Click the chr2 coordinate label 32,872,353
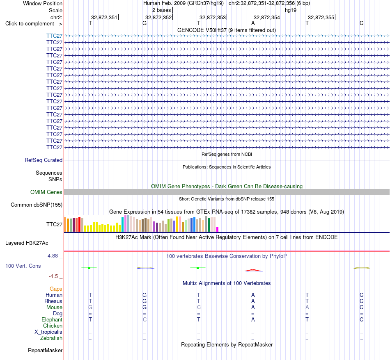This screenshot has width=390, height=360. [213, 17]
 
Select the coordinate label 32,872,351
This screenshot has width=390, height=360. [104, 17]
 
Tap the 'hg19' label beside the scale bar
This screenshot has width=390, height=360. [291, 10]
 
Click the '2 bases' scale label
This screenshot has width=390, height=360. [162, 10]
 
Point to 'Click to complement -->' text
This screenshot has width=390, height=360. [34, 24]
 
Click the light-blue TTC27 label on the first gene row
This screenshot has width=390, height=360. [54, 36]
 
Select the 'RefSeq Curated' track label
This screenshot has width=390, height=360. [44, 160]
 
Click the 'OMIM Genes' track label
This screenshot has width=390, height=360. [46, 192]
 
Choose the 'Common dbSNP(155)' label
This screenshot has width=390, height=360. [37, 205]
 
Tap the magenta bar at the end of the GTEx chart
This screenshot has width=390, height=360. [218, 229]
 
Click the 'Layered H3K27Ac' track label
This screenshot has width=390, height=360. [27, 243]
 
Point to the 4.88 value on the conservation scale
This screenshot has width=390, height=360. [53, 256]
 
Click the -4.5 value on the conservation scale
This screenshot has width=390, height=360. [53, 276]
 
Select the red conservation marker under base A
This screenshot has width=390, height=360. [253, 270]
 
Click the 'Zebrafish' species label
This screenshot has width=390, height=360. [51, 338]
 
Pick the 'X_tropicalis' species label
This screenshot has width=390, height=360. [48, 332]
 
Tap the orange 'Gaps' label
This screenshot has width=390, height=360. [56, 289]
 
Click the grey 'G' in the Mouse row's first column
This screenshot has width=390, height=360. [90, 308]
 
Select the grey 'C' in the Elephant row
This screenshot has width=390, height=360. [145, 319]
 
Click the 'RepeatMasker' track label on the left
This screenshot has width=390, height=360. [45, 350]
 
